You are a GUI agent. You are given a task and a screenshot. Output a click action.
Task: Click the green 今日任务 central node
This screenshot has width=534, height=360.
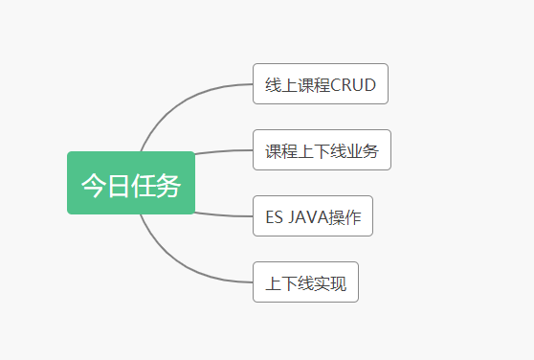[131, 183]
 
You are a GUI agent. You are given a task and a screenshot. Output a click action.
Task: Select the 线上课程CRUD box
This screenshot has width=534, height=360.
[320, 84]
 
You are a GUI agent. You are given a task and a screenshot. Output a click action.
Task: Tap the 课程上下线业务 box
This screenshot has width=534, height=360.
[322, 150]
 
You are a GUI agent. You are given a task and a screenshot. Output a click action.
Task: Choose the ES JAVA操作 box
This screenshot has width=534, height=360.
[312, 216]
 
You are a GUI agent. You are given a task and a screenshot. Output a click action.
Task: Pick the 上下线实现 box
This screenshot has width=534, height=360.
[305, 282]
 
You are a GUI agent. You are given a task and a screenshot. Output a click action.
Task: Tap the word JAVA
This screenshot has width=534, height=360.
[305, 216]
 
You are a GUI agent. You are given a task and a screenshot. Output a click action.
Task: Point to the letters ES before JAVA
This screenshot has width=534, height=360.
[274, 216]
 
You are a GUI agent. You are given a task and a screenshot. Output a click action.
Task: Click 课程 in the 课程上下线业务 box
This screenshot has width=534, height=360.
[281, 150]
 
